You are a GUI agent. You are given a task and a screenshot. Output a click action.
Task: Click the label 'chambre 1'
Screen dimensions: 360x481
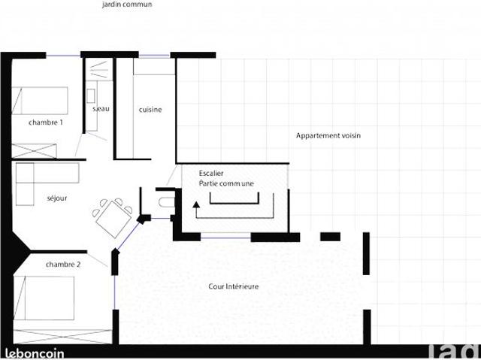(x=45, y=123)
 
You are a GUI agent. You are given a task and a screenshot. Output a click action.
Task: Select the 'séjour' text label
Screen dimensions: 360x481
(x=57, y=198)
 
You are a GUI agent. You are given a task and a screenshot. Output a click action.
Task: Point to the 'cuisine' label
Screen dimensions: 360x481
(x=150, y=110)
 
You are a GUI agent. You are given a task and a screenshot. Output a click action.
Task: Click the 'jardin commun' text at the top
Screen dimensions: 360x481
(x=127, y=5)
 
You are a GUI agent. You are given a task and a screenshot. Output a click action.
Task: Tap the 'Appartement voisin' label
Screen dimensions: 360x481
(x=328, y=136)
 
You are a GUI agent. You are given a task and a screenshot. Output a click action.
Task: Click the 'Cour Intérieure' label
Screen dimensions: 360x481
(x=234, y=286)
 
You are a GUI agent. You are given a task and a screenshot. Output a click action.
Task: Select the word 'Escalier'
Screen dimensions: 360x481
(x=211, y=173)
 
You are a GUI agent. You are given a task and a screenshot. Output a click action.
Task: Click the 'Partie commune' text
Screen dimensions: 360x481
(x=226, y=183)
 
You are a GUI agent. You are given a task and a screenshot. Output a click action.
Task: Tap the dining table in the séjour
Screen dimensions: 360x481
(x=113, y=215)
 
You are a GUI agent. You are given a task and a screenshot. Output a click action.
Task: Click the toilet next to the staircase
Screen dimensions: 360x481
(x=165, y=200)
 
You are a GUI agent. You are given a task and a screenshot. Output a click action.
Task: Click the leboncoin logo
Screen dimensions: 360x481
(x=35, y=352)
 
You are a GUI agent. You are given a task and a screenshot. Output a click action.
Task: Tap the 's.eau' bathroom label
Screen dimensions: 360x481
(x=101, y=110)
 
